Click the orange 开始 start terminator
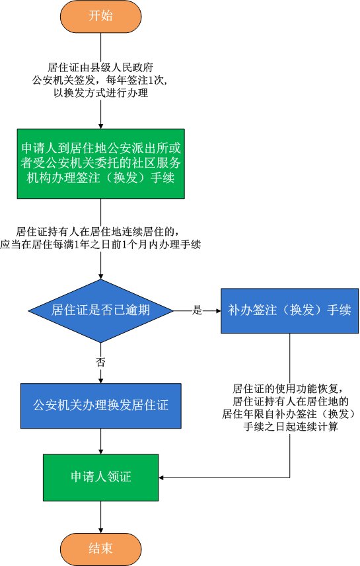(101, 17)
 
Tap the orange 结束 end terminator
(101, 549)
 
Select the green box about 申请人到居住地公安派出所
(101, 164)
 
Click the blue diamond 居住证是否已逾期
(101, 310)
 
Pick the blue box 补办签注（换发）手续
(289, 310)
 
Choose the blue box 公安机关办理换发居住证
(101, 406)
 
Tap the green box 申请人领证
(101, 478)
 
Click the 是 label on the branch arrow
(197, 310)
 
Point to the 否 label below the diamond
(101, 362)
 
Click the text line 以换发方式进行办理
(101, 92)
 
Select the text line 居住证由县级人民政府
(101, 67)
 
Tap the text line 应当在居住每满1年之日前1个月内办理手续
(101, 244)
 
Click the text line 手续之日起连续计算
(291, 427)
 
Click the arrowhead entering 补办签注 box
(218, 310)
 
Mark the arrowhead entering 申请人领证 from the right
(161, 478)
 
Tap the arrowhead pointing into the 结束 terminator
(101, 530)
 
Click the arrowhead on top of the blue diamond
(101, 276)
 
